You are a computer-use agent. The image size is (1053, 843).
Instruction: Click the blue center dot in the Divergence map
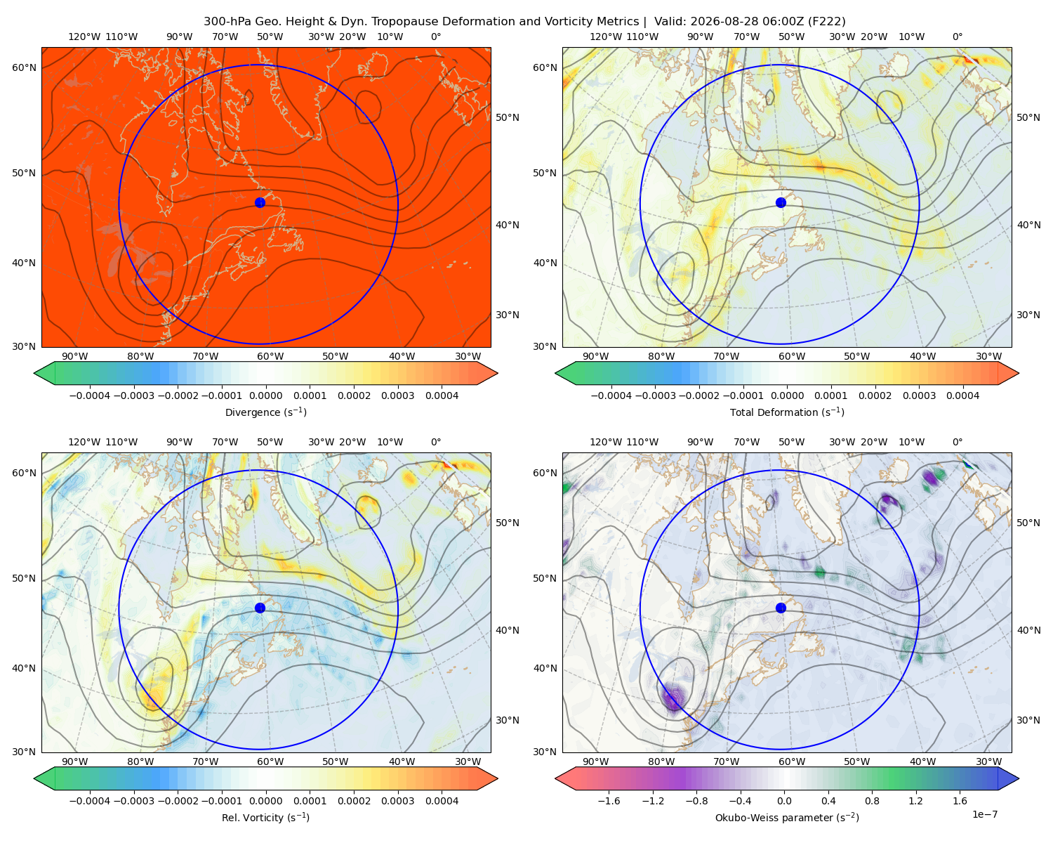pos(260,202)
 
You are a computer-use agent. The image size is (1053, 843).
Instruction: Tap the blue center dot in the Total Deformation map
pos(781,202)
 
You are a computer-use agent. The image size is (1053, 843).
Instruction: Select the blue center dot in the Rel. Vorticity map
pos(260,608)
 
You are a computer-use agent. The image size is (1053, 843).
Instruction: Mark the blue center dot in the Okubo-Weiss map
pos(781,608)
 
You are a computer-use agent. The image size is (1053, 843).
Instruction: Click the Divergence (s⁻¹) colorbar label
pos(265,412)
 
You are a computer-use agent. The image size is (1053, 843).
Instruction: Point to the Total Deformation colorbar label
pos(787,412)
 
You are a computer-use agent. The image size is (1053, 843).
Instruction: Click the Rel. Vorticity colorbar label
pos(265,817)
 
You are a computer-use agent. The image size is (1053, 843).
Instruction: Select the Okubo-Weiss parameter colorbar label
pos(787,817)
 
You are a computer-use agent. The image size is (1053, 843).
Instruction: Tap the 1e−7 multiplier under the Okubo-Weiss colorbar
pos(984,814)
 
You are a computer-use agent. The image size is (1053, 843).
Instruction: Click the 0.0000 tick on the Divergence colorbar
pos(265,396)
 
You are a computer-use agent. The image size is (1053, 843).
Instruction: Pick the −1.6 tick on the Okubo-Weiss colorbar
pos(609,800)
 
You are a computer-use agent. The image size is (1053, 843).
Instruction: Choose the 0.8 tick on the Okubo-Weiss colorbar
pos(872,800)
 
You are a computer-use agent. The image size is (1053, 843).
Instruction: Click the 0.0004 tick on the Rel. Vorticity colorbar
pos(442,800)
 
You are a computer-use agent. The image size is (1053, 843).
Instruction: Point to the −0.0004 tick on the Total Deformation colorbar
pos(611,396)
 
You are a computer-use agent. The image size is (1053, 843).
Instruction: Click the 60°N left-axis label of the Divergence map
pos(24,67)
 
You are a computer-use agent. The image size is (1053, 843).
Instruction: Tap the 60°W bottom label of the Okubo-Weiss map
pos(791,762)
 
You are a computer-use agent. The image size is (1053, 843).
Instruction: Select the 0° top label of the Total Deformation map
pos(957,37)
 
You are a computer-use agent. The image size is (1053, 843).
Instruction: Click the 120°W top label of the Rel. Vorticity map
pos(84,442)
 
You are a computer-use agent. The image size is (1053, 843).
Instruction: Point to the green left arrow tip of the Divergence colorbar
pos(34,373)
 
